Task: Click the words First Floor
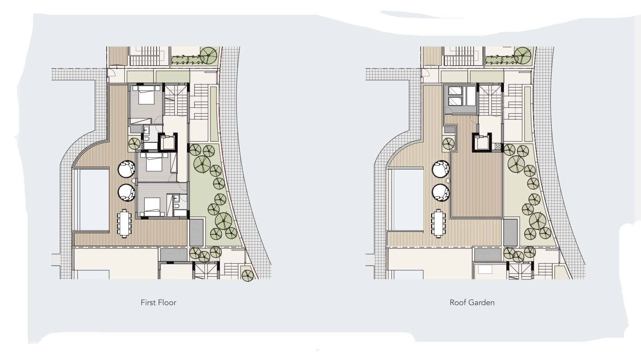tap(158, 302)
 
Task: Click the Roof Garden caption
tap(472, 302)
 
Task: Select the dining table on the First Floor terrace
tap(124, 223)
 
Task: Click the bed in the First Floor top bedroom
tap(147, 95)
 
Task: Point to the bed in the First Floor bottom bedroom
tap(152, 206)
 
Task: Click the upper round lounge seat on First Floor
tap(126, 169)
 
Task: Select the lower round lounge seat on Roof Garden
tap(441, 193)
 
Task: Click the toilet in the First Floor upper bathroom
tap(147, 139)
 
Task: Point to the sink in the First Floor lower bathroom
tap(177, 197)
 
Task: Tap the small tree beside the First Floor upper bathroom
tap(134, 144)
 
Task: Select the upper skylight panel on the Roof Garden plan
tap(455, 91)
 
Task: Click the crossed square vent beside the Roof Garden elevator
tap(498, 147)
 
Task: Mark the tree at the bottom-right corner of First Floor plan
tap(248, 276)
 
